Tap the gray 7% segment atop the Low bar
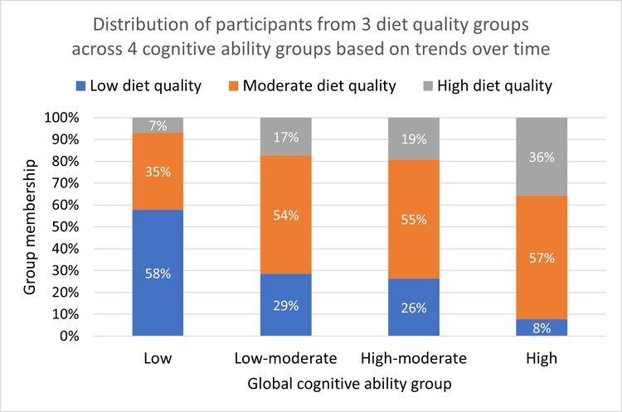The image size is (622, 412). pyautogui.click(x=158, y=125)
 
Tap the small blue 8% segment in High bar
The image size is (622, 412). pyautogui.click(x=542, y=327)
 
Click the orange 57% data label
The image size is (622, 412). pyautogui.click(x=542, y=257)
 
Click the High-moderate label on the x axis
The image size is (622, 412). pyautogui.click(x=414, y=359)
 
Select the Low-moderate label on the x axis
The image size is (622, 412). pyautogui.click(x=285, y=359)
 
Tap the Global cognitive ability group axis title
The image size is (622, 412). pyautogui.click(x=349, y=385)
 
